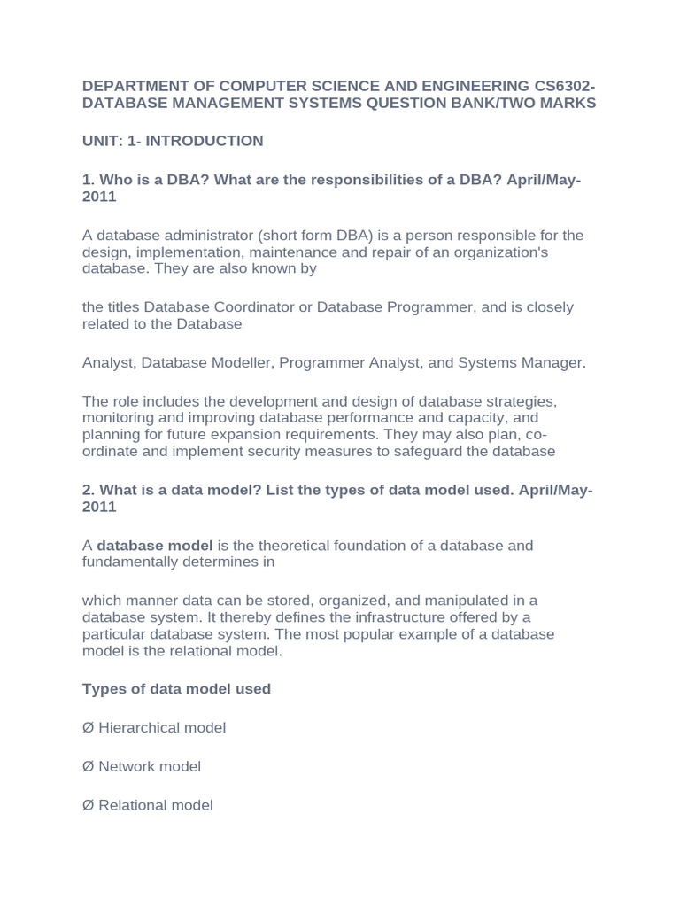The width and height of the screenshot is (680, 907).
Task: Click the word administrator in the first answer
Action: (200, 236)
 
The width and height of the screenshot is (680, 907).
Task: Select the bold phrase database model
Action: (155, 546)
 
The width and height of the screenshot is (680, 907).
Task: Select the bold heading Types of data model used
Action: (176, 689)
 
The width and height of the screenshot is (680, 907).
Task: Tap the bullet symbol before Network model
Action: (88, 767)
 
